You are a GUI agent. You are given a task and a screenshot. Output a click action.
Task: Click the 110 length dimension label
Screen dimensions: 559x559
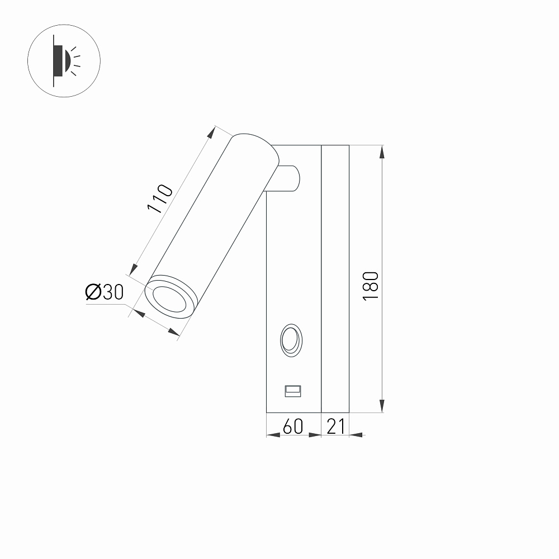[x=160, y=198]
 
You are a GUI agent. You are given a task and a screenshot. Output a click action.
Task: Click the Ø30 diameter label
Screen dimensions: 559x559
[x=105, y=292]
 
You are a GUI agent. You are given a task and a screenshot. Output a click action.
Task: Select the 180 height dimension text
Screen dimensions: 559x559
[x=371, y=286]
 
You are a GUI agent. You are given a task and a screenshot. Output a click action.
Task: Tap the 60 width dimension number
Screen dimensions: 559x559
[x=293, y=427]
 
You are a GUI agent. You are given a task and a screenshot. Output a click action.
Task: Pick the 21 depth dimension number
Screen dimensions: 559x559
[x=336, y=427]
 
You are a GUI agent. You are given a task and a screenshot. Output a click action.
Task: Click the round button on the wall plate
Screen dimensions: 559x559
[x=291, y=340]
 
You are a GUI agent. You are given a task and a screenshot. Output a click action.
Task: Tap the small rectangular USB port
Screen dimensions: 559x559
[x=293, y=391]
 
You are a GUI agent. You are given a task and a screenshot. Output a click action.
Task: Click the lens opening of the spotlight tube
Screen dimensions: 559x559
[x=169, y=299]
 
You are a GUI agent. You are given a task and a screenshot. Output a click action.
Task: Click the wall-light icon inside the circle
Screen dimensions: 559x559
[x=67, y=61]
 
